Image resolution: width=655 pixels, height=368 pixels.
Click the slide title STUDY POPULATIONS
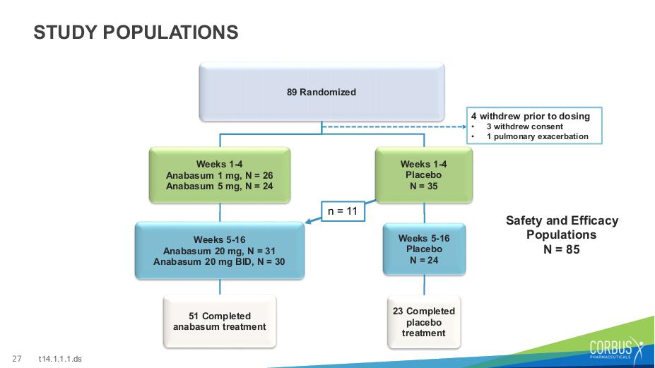(136, 32)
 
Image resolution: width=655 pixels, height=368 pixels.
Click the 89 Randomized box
(321, 92)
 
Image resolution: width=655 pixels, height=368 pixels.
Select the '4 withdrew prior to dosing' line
(531, 116)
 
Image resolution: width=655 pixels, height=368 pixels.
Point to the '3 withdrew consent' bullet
(525, 126)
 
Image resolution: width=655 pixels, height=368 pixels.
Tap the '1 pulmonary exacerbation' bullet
(537, 136)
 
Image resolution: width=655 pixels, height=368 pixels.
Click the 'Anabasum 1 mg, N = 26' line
(219, 175)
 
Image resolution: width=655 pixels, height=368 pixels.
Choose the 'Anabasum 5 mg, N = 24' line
(219, 186)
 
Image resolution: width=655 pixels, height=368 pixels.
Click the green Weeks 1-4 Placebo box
(424, 175)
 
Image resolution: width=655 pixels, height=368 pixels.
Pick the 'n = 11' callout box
(343, 211)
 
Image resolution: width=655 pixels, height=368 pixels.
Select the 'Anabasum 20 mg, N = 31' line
(219, 251)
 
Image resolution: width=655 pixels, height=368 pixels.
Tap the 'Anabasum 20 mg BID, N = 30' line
(219, 262)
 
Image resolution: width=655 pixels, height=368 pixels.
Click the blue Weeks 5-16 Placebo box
(424, 249)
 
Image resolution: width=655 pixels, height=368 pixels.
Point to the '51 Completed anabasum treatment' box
(220, 321)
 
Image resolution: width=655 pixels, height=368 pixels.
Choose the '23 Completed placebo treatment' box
(424, 322)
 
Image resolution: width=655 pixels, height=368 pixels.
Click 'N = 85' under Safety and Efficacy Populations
(562, 249)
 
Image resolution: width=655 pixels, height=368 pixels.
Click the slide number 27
(17, 358)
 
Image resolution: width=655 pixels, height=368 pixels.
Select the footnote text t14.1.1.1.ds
(60, 359)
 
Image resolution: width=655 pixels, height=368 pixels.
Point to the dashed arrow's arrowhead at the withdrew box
(464, 126)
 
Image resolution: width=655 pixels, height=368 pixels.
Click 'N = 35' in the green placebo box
(423, 186)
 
